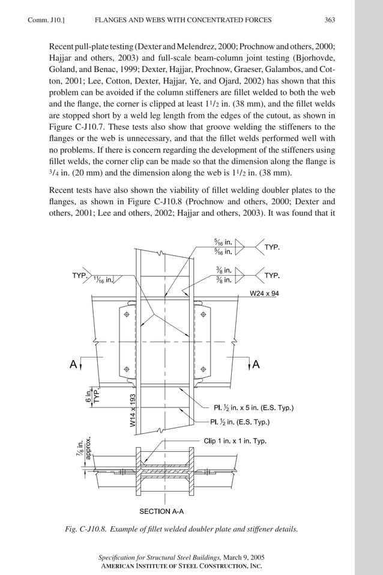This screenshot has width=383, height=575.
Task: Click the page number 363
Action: [330, 20]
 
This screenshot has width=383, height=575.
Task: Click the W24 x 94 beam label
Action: [268, 294]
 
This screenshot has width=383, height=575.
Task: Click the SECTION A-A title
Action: [161, 512]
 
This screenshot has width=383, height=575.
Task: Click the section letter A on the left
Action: [73, 364]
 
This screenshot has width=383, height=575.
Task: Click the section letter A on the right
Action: [256, 364]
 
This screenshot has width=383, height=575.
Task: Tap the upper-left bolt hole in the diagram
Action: [127, 314]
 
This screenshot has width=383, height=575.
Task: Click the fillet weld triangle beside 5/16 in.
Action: [241, 246]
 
